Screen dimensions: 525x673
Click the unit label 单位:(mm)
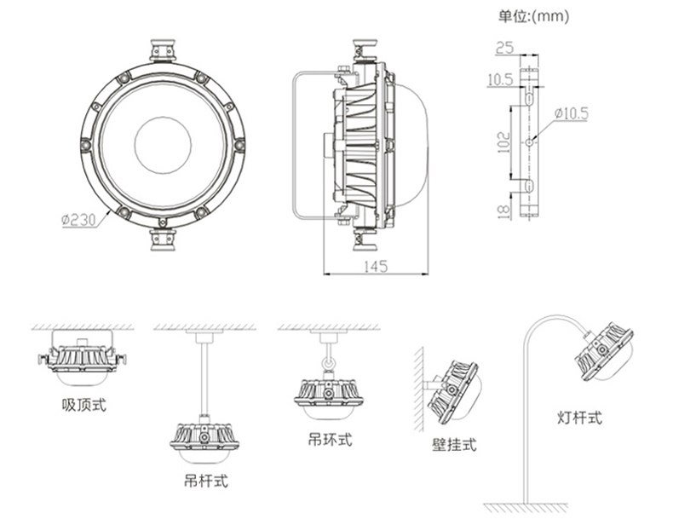point(533,15)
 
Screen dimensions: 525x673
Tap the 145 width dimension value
point(376,267)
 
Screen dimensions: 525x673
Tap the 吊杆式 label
point(206,480)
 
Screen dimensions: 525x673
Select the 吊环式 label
point(330,440)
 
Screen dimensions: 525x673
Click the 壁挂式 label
point(454,444)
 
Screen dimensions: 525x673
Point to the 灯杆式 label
point(579,417)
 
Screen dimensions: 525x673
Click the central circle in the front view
point(162,142)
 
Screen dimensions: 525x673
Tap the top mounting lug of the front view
point(163,49)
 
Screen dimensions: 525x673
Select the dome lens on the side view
point(411,142)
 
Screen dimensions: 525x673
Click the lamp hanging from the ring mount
point(328,395)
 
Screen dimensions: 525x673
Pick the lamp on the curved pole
point(606,350)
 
